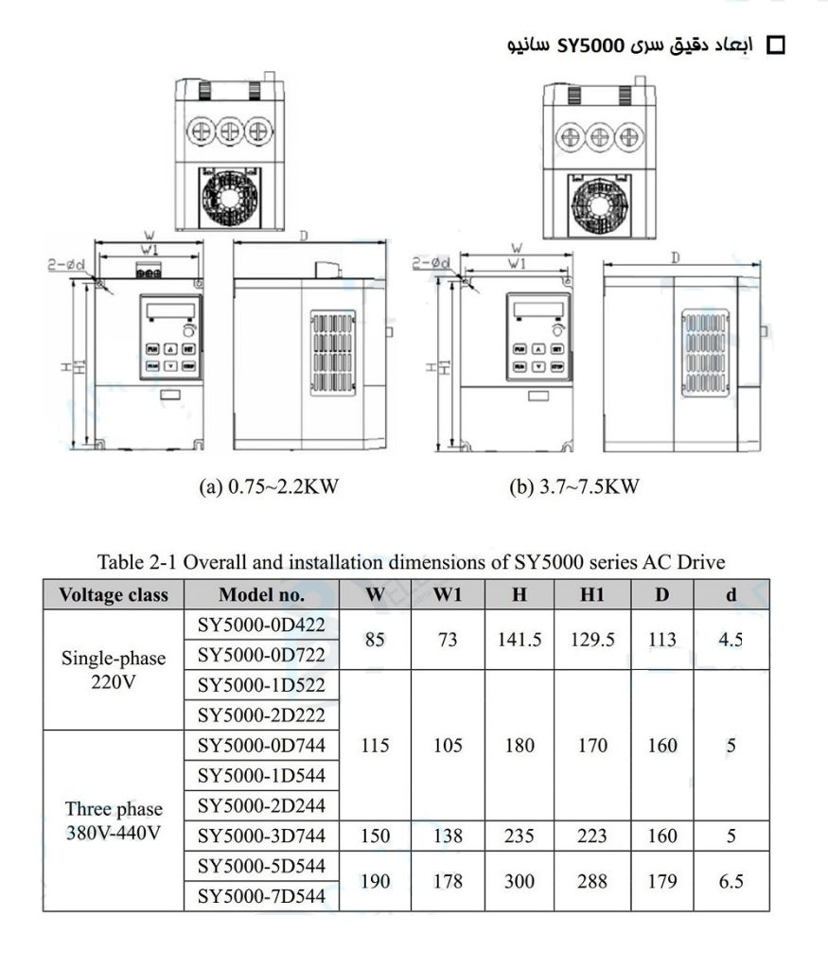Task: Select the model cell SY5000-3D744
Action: click(262, 836)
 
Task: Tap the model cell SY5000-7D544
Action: click(262, 896)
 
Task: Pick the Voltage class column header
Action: click(114, 594)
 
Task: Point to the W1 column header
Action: click(448, 594)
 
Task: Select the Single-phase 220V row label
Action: click(114, 668)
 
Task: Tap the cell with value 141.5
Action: click(520, 639)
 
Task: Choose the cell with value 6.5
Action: click(731, 881)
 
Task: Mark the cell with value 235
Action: click(520, 836)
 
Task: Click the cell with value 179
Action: click(662, 881)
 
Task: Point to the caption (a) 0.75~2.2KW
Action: click(269, 487)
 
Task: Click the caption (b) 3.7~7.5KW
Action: click(574, 487)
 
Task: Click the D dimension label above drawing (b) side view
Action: click(675, 256)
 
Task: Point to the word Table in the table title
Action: click(120, 562)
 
